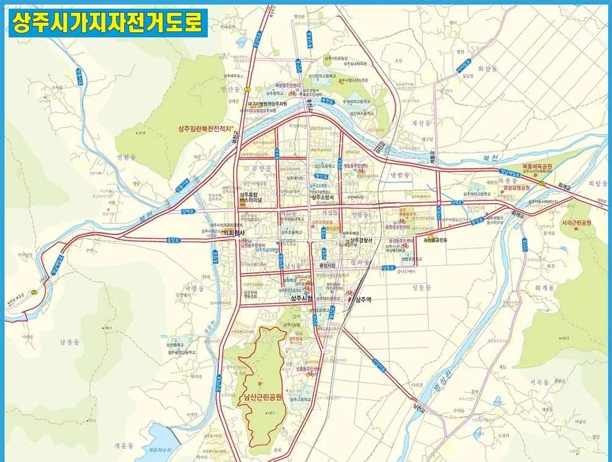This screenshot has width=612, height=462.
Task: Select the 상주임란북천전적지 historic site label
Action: point(200,128)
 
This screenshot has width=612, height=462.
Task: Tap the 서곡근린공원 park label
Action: point(576,223)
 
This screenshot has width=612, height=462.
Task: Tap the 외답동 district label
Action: point(598,183)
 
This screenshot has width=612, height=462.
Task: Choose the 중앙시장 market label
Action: point(326,267)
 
